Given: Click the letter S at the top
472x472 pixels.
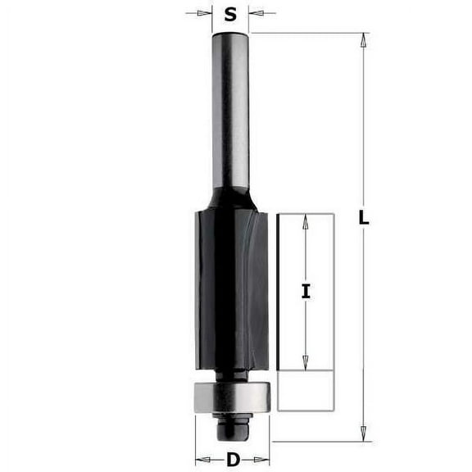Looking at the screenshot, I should tap(230, 13).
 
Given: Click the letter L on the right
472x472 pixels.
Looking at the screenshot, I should tap(364, 219).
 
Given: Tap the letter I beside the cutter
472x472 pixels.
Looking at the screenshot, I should tap(305, 290).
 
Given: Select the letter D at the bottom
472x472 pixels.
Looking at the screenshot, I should tap(232, 460).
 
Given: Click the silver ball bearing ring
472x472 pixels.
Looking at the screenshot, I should tap(232, 396).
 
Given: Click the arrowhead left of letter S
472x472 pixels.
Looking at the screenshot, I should tap(206, 12).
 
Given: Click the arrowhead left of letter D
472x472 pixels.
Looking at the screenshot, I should tap(201, 459).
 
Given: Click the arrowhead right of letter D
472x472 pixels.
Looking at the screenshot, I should tap(264, 459).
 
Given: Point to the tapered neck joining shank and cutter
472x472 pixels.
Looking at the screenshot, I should tap(230, 197).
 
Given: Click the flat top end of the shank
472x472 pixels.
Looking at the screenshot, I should tap(230, 34).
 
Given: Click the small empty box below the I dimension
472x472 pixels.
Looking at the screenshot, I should tap(305, 389).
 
